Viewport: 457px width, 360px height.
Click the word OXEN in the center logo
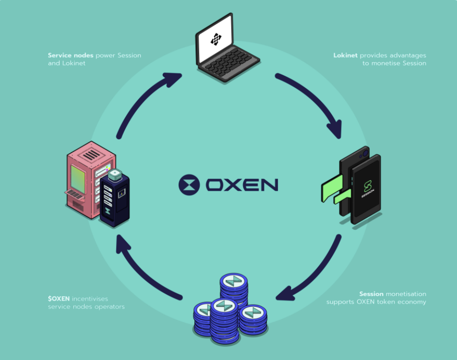242,184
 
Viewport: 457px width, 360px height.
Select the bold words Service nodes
70,55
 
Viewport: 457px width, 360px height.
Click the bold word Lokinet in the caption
345,55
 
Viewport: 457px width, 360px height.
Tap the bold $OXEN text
59,299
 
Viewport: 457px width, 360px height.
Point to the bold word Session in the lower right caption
371,294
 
